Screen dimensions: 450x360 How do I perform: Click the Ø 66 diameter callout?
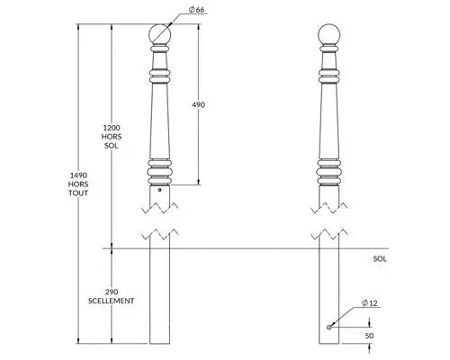pyautogui.click(x=196, y=10)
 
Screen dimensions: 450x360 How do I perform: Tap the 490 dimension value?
pyautogui.click(x=198, y=104)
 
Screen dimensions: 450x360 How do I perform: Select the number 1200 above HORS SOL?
pyautogui.click(x=112, y=128)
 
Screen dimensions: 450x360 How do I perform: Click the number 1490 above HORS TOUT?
pyautogui.click(x=78, y=175)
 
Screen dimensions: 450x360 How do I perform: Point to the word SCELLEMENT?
pyautogui.click(x=112, y=301)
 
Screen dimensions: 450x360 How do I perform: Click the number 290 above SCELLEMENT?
pyautogui.click(x=112, y=292)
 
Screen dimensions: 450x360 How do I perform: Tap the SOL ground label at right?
pyautogui.click(x=380, y=259)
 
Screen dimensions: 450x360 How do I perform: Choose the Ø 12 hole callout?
pyautogui.click(x=370, y=303)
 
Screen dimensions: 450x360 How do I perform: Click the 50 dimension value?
pyautogui.click(x=369, y=336)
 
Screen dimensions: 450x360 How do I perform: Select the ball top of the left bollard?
pyautogui.click(x=160, y=34)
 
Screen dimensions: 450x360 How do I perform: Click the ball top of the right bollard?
pyautogui.click(x=329, y=34)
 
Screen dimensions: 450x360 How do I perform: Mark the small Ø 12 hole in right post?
pyautogui.click(x=329, y=327)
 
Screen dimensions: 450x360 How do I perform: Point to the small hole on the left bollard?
pyautogui.click(x=160, y=190)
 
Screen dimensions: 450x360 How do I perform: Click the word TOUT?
pyautogui.click(x=78, y=193)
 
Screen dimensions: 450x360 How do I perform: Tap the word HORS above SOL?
pyautogui.click(x=112, y=137)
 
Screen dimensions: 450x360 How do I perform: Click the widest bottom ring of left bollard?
pyautogui.click(x=160, y=172)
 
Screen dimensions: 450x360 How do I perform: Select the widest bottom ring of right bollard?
pyautogui.click(x=329, y=172)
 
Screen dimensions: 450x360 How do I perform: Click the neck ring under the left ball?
pyautogui.click(x=160, y=48)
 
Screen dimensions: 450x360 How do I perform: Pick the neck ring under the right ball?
pyautogui.click(x=329, y=48)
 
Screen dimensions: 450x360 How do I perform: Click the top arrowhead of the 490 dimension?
pyautogui.click(x=198, y=27)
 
